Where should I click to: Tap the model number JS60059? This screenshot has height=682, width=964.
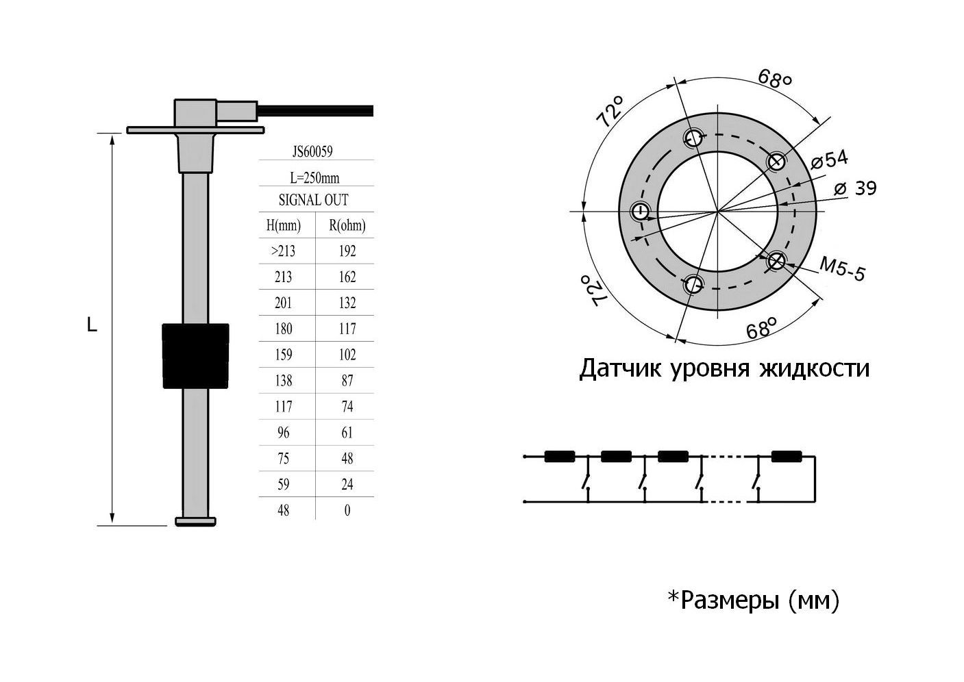pyautogui.click(x=316, y=151)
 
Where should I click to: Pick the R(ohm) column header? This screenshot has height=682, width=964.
pyautogui.click(x=347, y=225)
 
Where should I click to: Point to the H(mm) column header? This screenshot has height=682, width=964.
pyautogui.click(x=283, y=225)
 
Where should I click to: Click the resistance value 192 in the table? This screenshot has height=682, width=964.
pyautogui.click(x=347, y=251)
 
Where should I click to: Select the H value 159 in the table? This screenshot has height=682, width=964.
pyautogui.click(x=283, y=355)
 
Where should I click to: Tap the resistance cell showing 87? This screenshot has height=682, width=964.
pyautogui.click(x=347, y=381)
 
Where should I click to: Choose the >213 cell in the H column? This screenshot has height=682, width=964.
pyautogui.click(x=283, y=251)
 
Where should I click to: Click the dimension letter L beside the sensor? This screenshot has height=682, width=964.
pyautogui.click(x=92, y=325)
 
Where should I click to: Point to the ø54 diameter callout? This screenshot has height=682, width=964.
pyautogui.click(x=829, y=160)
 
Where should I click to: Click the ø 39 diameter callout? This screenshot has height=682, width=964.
pyautogui.click(x=856, y=188)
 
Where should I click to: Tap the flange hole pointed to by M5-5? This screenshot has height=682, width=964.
pyautogui.click(x=776, y=261)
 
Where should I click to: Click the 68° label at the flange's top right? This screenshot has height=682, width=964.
pyautogui.click(x=775, y=78)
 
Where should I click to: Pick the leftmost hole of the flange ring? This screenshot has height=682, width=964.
pyautogui.click(x=640, y=211)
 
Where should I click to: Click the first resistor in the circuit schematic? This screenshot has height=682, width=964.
pyautogui.click(x=559, y=456)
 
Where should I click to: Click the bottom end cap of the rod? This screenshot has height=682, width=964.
pyautogui.click(x=196, y=522)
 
